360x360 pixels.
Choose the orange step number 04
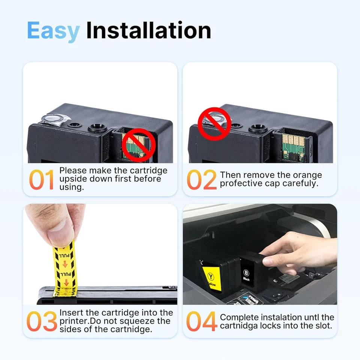(202, 321)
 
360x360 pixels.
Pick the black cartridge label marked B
(247, 276)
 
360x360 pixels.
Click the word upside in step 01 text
(72, 179)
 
